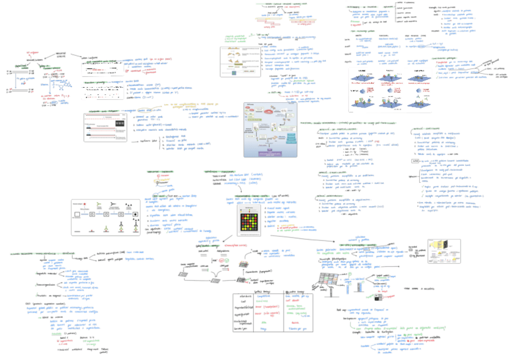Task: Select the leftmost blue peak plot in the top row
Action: point(367,78)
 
